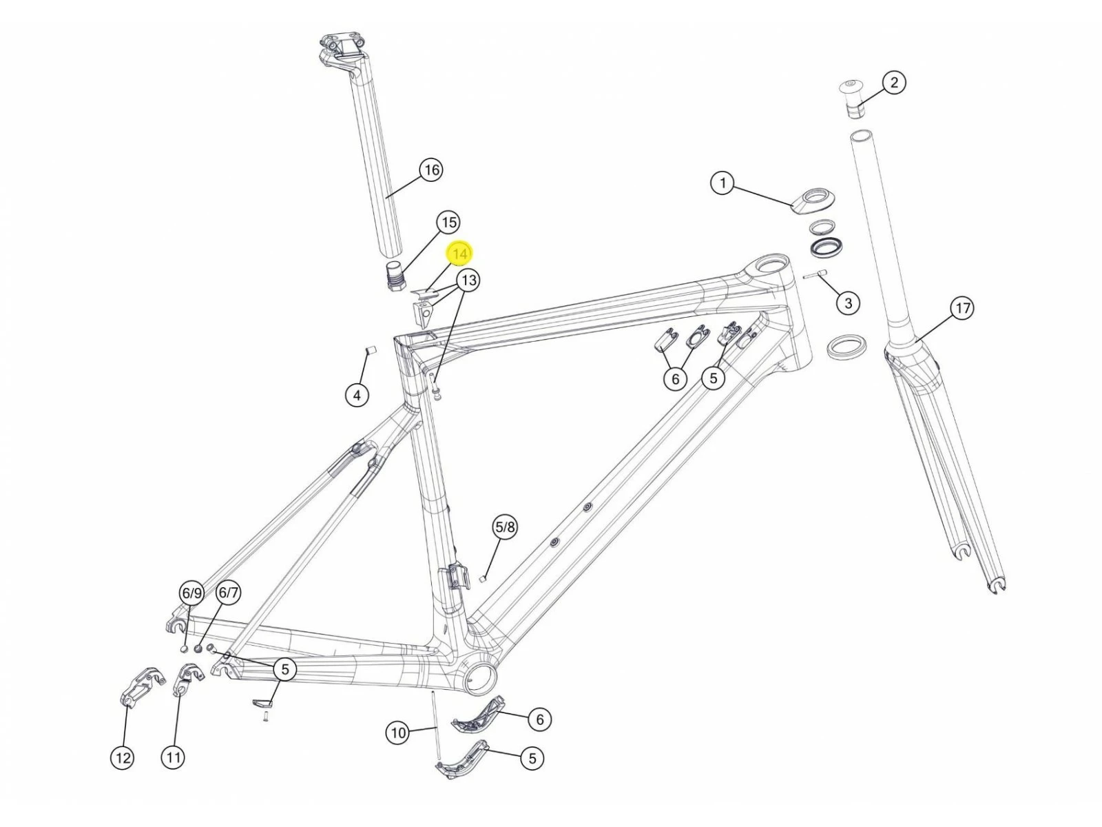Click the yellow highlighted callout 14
coord(459,254)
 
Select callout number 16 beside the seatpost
coord(431,170)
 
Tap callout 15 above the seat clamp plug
coord(448,223)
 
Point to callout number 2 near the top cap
coord(893,82)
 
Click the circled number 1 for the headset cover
coord(722,183)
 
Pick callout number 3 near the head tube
coord(848,303)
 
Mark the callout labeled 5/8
coord(505,527)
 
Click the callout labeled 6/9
coord(191,593)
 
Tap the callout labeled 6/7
coord(228,593)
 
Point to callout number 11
coord(173,757)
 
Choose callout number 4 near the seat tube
coord(357,395)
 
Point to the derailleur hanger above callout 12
coord(143,687)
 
